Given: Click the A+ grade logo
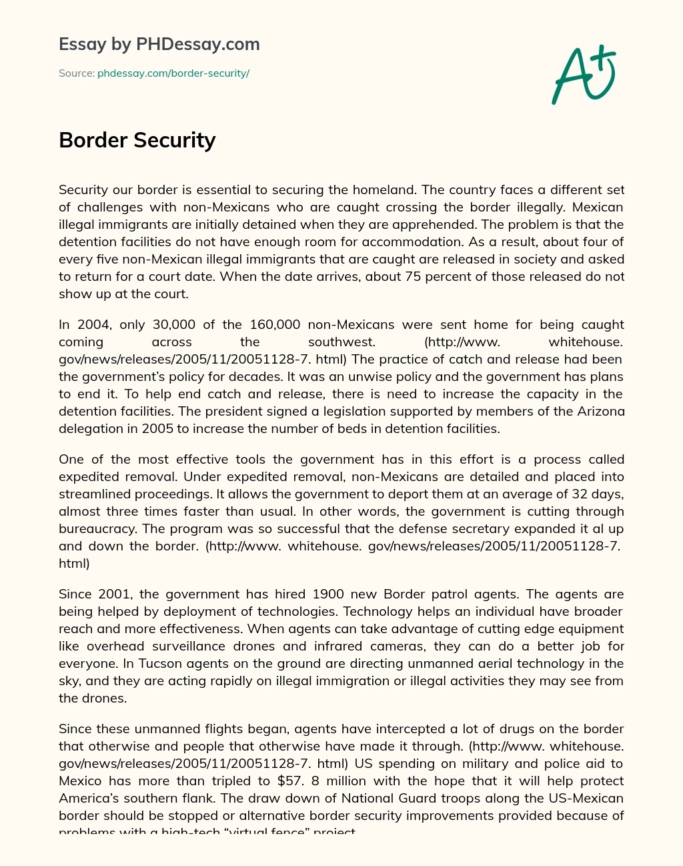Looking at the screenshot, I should pyautogui.click(x=583, y=74).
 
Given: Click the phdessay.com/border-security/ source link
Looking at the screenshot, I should pyautogui.click(x=173, y=73).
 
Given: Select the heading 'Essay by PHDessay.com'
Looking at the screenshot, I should pyautogui.click(x=159, y=44).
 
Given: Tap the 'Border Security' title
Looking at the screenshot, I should pyautogui.click(x=137, y=140).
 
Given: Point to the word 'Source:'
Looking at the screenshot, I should pyautogui.click(x=76, y=73).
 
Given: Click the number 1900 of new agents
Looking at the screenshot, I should pyautogui.click(x=328, y=594).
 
